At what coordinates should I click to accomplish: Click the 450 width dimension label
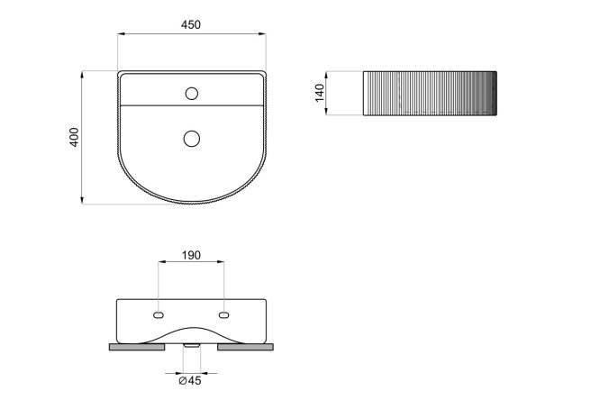pos(191,25)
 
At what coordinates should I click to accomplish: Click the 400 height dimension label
pos(74,137)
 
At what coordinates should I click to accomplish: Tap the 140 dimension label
pos(320,93)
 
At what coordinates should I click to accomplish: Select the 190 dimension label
pos(191,255)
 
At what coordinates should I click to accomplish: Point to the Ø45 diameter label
pos(190,381)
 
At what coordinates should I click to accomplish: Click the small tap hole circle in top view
pos(192,94)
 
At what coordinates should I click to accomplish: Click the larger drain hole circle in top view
pos(192,139)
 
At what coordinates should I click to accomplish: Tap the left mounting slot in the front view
pos(159,315)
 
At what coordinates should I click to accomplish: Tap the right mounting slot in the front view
pos(224,315)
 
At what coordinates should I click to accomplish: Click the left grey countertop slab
pos(137,347)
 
